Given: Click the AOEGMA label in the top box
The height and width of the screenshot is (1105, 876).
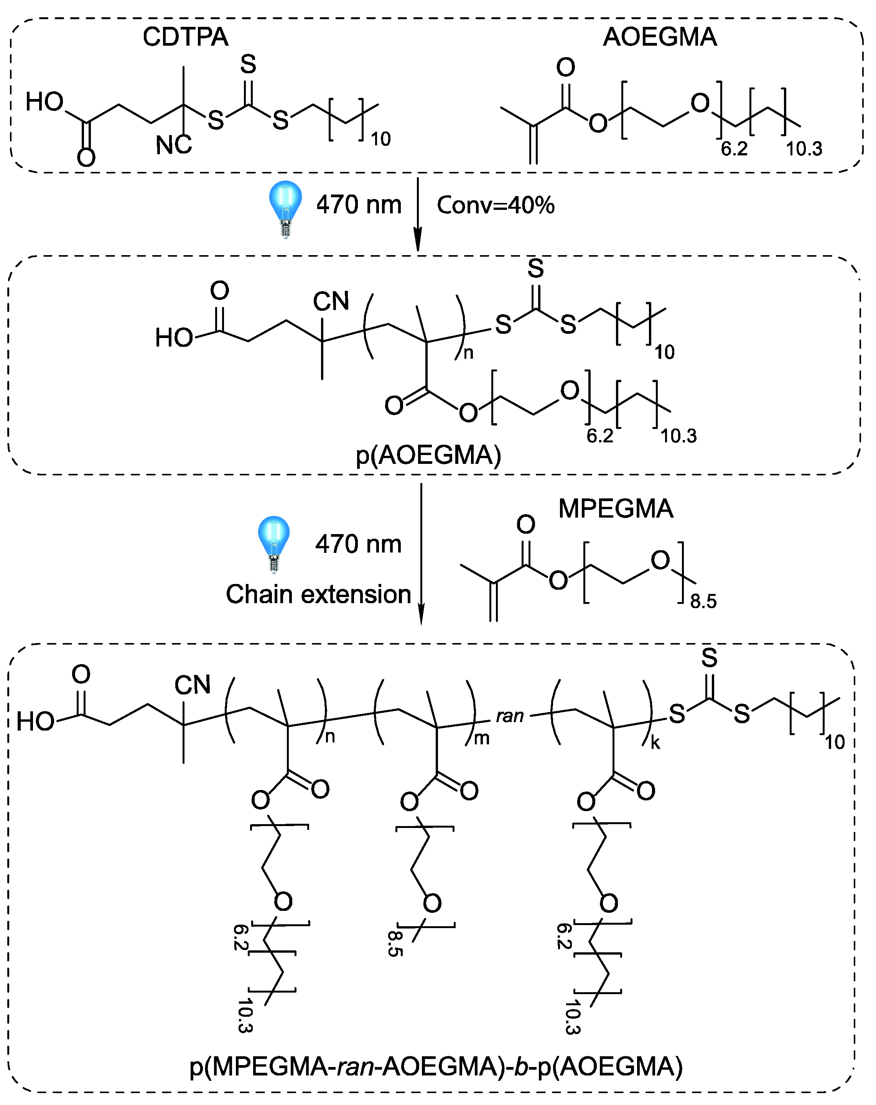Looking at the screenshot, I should (x=659, y=37).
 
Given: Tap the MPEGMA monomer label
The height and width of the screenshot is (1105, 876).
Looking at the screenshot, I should (x=615, y=509).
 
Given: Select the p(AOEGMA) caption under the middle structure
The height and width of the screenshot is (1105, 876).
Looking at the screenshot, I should (x=428, y=455).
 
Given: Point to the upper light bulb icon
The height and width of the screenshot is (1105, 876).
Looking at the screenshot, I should (x=285, y=208).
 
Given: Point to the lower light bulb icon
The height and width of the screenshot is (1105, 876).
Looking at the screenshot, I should (x=273, y=543).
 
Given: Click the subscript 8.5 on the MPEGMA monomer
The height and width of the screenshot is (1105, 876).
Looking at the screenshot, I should (x=703, y=601).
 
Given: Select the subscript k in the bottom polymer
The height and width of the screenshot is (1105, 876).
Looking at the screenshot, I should (x=655, y=743).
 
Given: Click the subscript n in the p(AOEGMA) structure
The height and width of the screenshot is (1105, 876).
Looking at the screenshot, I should (x=468, y=353).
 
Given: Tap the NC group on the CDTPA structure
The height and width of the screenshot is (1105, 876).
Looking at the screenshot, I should (x=174, y=145).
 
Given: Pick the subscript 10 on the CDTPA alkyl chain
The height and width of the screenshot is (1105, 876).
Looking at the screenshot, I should (x=380, y=139).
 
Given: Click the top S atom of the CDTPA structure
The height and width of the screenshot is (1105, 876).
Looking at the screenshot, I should (x=248, y=64).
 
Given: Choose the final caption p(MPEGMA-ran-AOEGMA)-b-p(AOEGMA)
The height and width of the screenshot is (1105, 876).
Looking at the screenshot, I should (x=436, y=1067).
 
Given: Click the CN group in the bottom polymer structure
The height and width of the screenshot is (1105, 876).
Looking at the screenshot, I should (x=192, y=685).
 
